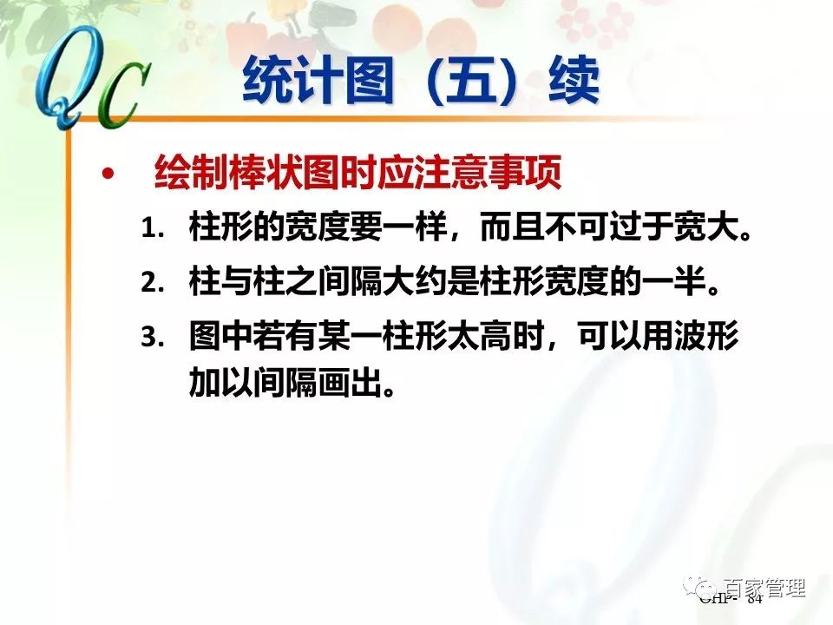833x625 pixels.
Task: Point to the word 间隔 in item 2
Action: click(370, 284)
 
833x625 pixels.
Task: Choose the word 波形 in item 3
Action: click(708, 338)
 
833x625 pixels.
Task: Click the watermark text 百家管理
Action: click(764, 588)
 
